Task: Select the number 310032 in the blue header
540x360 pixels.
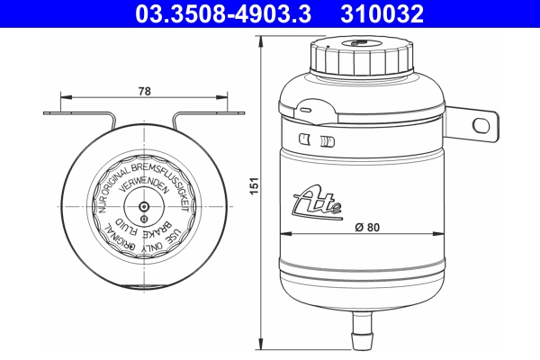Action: (381, 13)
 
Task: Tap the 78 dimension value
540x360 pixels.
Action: (145, 90)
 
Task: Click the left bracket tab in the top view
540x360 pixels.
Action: (76, 113)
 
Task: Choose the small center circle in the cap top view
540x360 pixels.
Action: (145, 205)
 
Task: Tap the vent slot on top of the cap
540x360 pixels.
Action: (359, 41)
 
